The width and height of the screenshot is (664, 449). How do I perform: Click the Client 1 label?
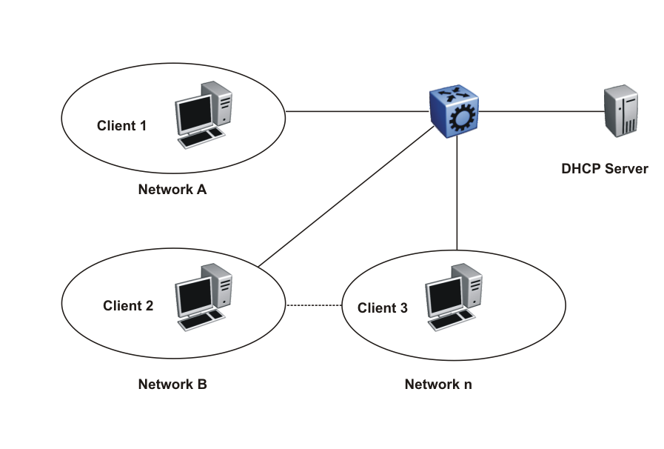[x=121, y=125]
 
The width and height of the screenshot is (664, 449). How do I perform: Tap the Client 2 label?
[x=128, y=305]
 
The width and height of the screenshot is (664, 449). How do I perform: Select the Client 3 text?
[x=382, y=308]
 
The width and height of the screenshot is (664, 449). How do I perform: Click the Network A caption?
[x=172, y=189]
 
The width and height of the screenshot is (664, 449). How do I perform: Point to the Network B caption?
[x=172, y=385]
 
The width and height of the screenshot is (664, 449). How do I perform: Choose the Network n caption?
[x=437, y=385]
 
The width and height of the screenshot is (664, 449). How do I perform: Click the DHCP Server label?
[x=604, y=169]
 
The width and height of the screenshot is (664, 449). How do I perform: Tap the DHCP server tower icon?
[x=620, y=111]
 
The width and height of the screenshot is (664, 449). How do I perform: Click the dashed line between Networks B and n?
[x=314, y=305]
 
